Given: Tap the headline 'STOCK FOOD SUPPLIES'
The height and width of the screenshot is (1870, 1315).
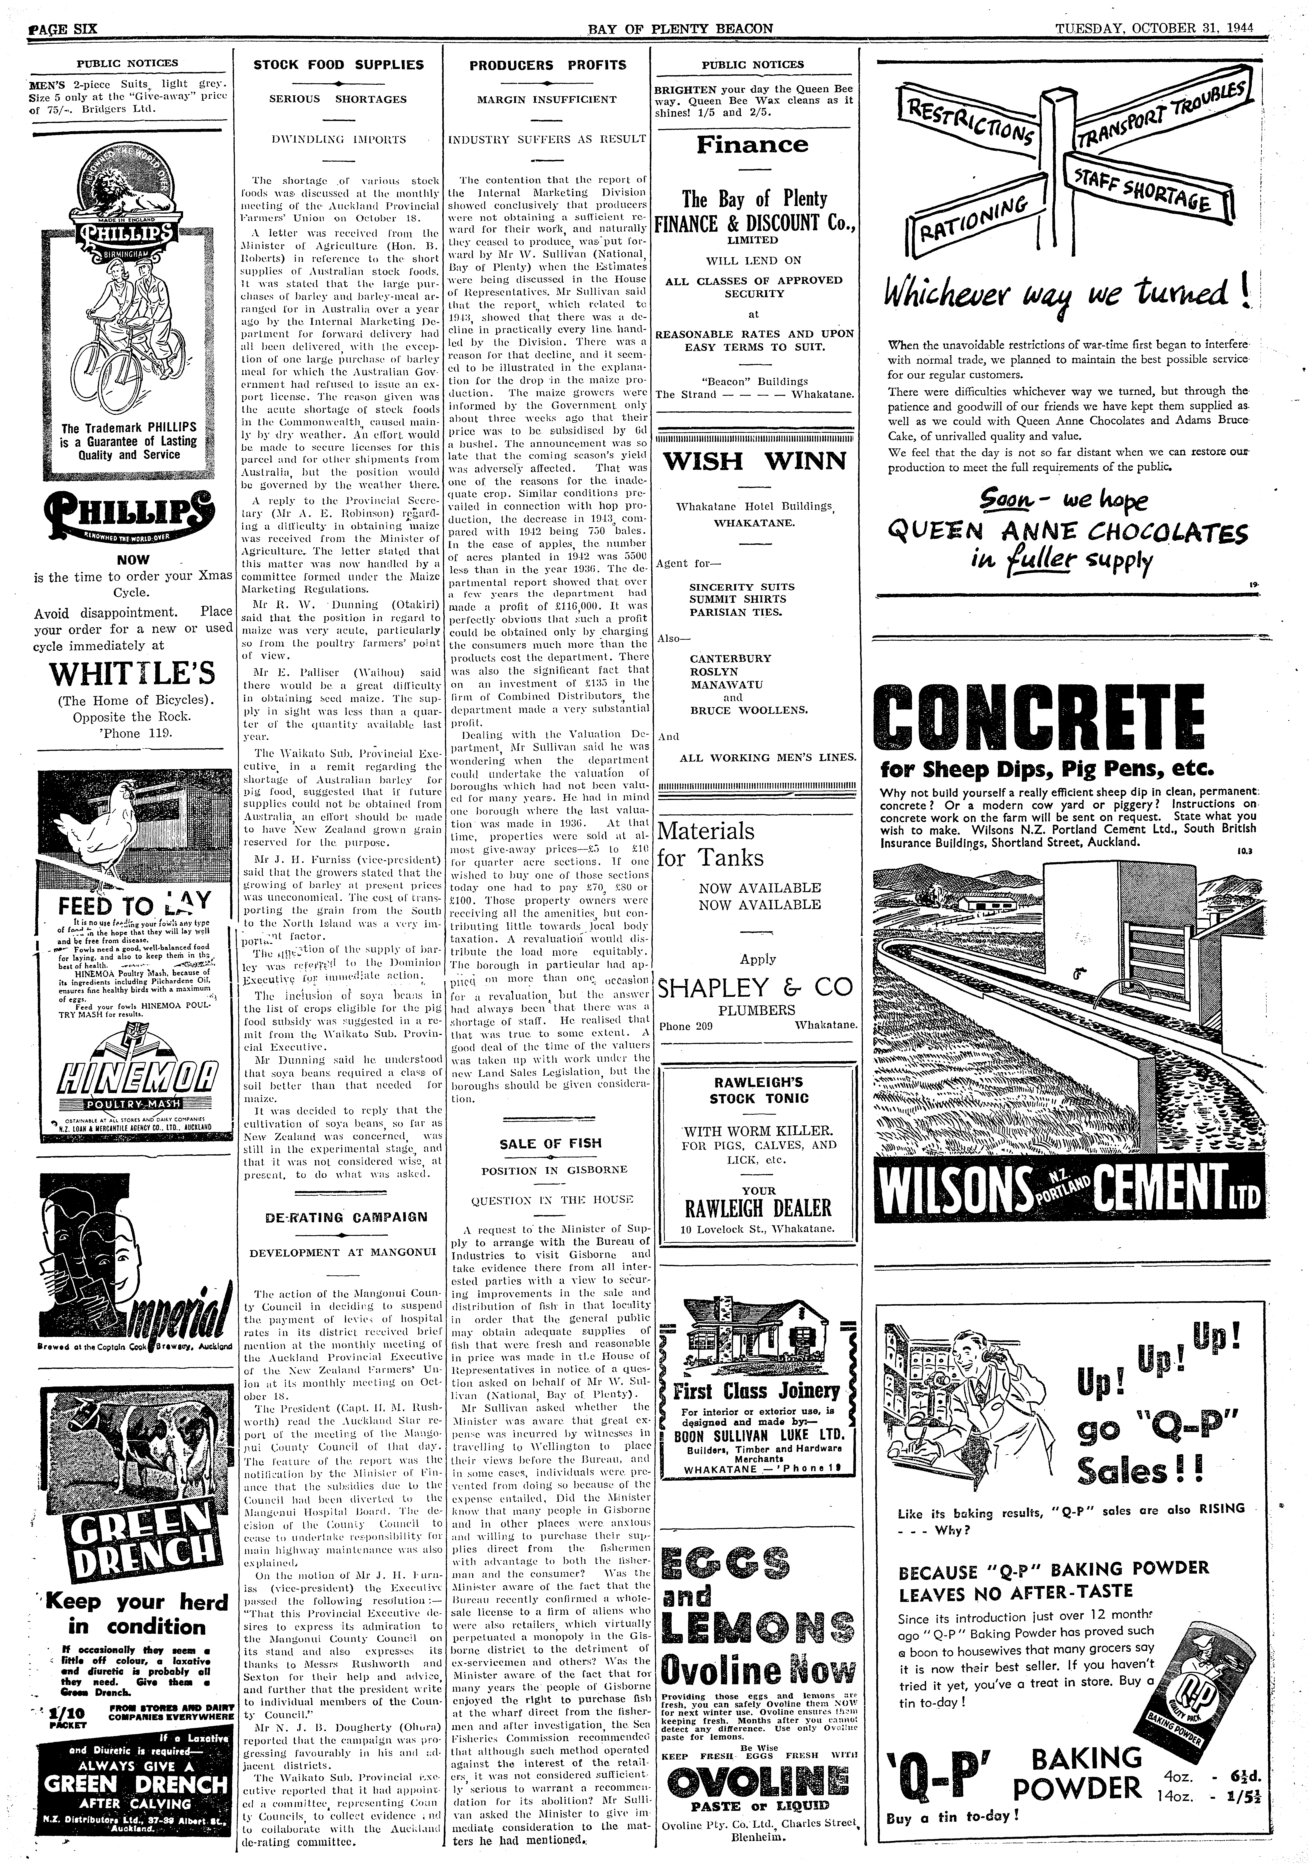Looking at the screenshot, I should click(338, 65).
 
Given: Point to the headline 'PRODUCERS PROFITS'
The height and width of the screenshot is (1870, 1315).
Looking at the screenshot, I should click(547, 65).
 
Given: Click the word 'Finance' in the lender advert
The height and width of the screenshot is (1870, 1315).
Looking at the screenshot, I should click(752, 145).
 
